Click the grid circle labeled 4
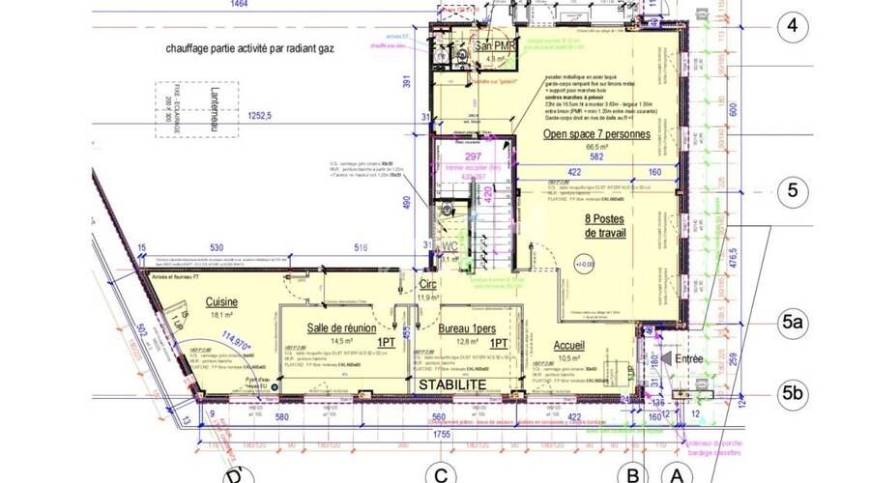[792, 25]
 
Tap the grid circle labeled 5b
[793, 392]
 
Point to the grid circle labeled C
[441, 473]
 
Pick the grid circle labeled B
[632, 473]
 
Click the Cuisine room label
[223, 301]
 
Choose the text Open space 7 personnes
[596, 134]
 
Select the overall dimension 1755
[441, 436]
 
